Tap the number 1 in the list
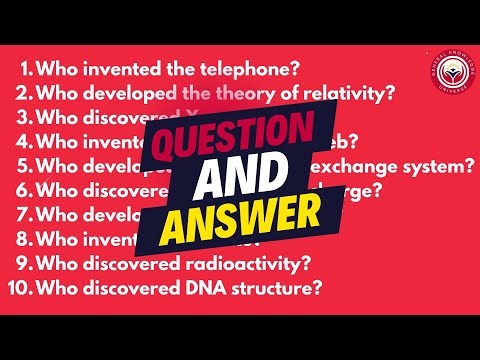tap(26, 71)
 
